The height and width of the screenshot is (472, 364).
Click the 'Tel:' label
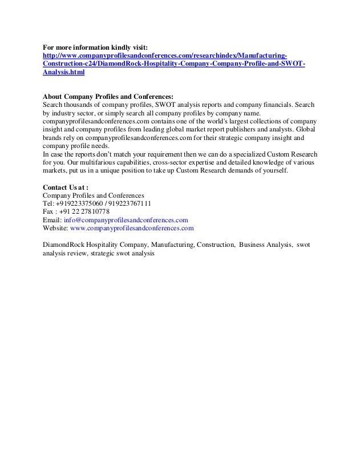tap(49, 203)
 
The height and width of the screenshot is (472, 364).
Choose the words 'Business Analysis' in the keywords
tap(265, 244)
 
